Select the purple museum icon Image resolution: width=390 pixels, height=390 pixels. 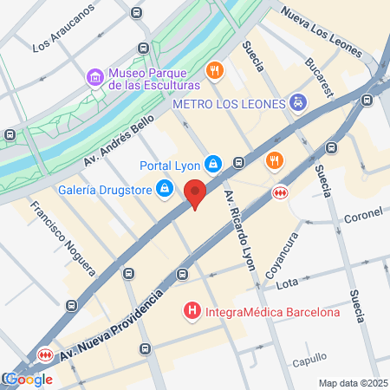click(94, 79)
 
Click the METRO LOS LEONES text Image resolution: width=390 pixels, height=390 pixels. click(229, 104)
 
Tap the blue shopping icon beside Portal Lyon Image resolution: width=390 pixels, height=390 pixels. click(213, 163)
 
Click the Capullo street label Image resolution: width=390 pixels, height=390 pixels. click(309, 357)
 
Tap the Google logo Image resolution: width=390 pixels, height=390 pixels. click(28, 379)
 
